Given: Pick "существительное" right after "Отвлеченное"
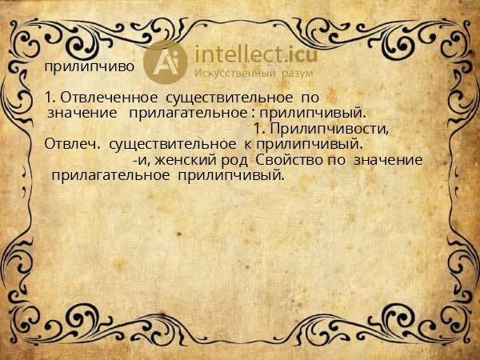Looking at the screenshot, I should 225,97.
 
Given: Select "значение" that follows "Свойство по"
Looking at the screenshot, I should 387,160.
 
